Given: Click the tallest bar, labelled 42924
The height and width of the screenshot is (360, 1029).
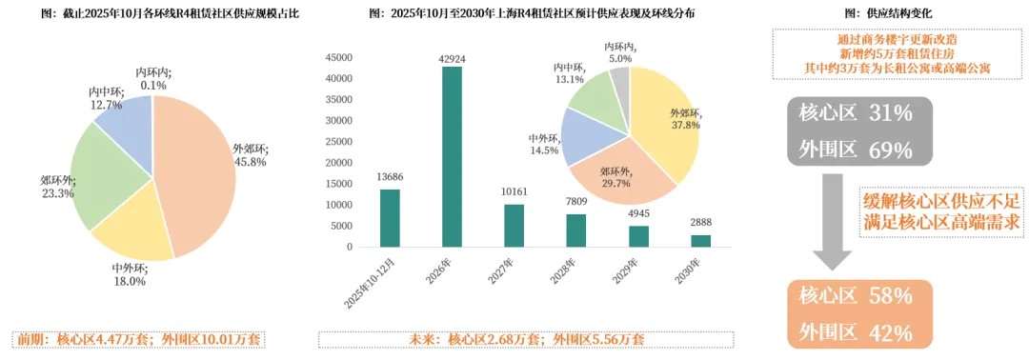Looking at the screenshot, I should pos(452,156).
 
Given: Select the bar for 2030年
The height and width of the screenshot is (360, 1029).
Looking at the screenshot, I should pos(700,240).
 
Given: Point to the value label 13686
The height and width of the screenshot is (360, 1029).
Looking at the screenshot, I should pos(390,177).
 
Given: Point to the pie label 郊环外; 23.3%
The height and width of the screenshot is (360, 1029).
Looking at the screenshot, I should pos(56,186).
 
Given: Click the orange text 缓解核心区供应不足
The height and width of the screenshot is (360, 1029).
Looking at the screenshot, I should pos(943,201).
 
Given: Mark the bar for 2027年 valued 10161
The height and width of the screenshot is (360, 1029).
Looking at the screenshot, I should pos(514,225).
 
